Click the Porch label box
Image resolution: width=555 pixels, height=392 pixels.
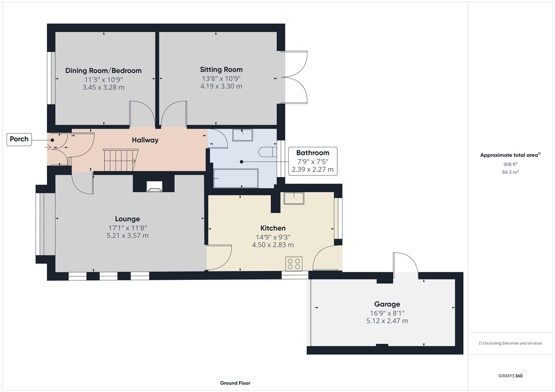click(x=19, y=139)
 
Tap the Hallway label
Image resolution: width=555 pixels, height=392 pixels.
click(x=145, y=140)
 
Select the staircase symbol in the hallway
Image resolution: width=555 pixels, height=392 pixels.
click(x=119, y=160)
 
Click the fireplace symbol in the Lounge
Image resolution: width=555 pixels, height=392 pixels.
click(x=154, y=187)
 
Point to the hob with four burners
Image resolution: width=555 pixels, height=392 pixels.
click(x=294, y=264)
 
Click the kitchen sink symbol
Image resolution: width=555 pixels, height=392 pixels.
click(x=294, y=199)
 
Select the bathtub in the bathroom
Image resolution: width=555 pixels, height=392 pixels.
click(x=236, y=178)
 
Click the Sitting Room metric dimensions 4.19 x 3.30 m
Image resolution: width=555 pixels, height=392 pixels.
click(x=221, y=86)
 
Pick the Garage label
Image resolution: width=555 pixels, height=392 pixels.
click(x=387, y=304)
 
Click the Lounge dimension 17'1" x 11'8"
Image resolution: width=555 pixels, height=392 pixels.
click(x=127, y=228)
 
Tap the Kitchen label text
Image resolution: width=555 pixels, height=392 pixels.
click(x=273, y=228)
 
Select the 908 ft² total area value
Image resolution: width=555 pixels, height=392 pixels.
click(x=510, y=164)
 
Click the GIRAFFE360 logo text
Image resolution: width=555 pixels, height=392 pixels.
click(x=510, y=376)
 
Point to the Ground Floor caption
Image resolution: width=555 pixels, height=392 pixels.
click(x=235, y=383)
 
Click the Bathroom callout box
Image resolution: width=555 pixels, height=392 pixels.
click(x=313, y=161)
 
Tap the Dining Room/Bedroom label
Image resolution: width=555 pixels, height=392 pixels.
click(x=103, y=71)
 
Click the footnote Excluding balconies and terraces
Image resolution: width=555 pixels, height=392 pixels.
click(x=510, y=343)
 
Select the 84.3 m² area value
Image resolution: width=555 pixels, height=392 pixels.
click(x=510, y=172)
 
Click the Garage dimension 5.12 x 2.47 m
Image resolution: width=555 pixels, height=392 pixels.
click(x=387, y=321)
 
